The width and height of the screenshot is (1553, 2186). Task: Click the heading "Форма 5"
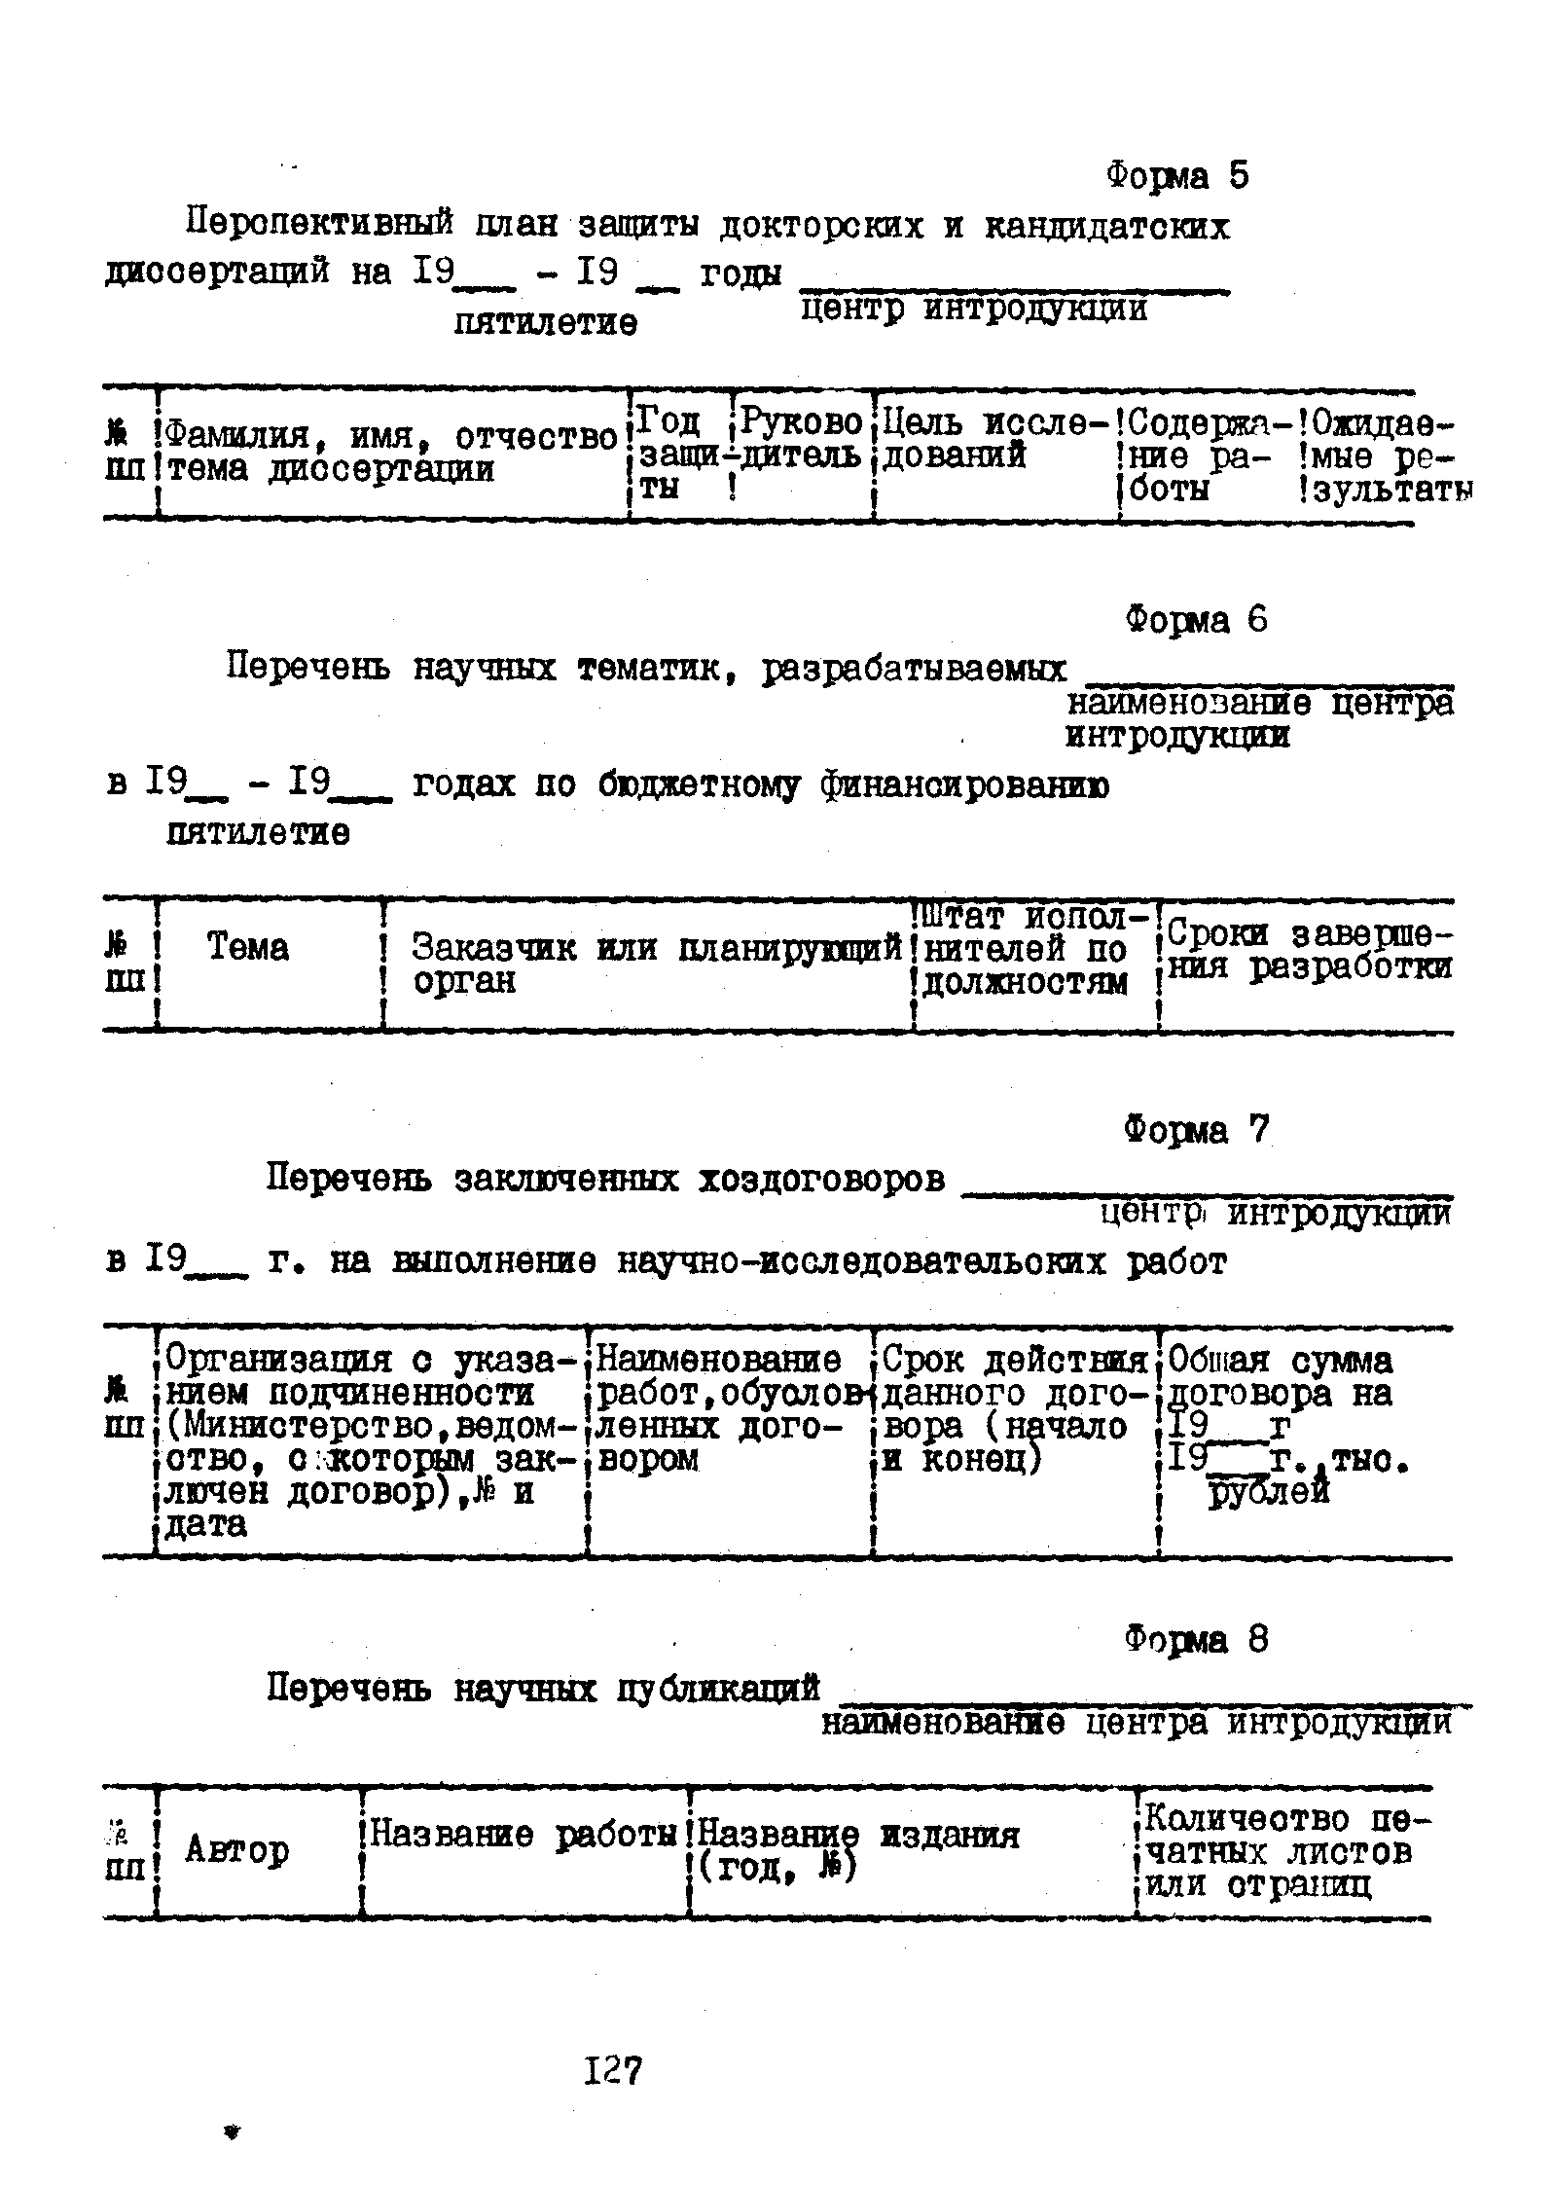[1176, 176]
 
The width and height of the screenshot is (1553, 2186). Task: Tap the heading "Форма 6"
[1196, 620]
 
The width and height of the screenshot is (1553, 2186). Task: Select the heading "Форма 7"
[1197, 1130]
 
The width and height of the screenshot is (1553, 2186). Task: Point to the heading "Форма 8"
[1196, 1640]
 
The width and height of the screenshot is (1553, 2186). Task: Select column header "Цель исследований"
[994, 439]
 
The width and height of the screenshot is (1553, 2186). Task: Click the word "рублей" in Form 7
[1268, 1491]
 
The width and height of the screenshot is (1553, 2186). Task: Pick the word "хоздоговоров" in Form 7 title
[821, 1180]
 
